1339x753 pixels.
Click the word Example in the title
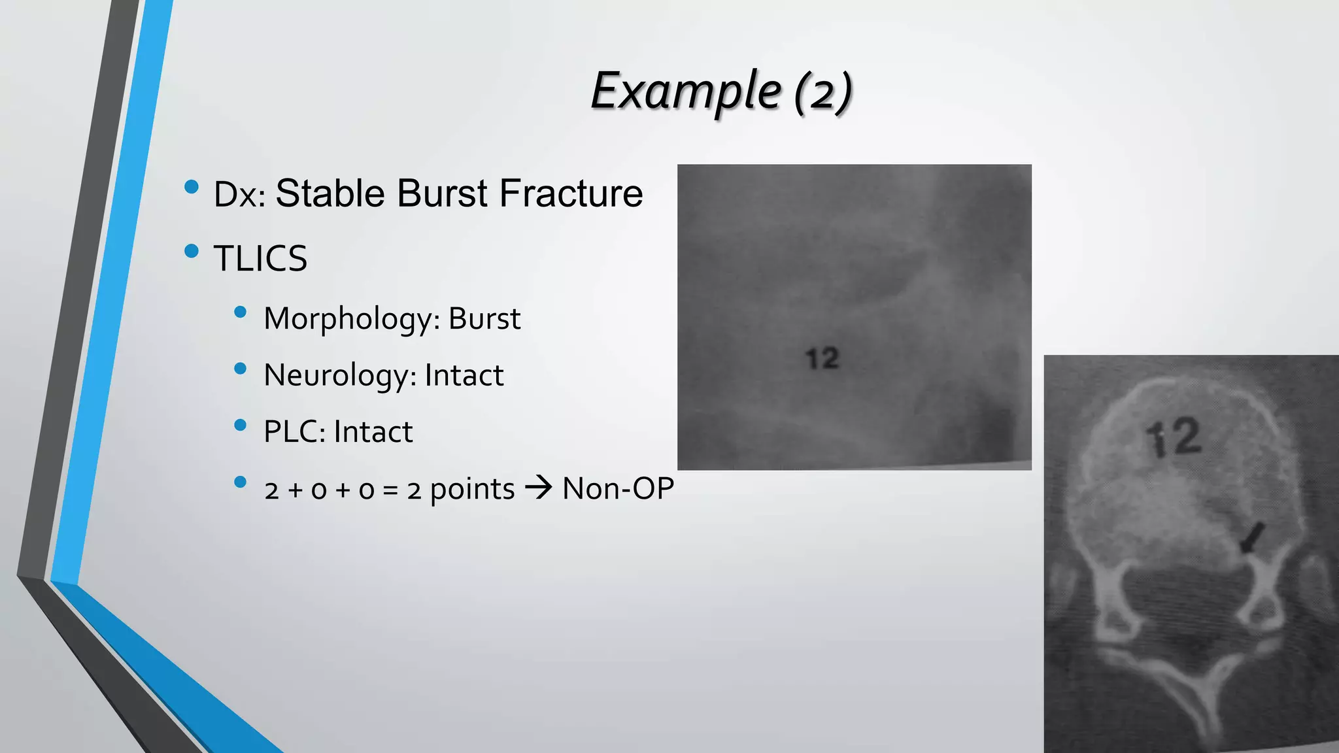tap(685, 92)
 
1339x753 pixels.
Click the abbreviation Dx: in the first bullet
tap(239, 195)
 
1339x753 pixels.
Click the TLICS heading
tap(260, 258)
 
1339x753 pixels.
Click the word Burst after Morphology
tap(484, 318)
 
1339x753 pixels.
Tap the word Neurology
tap(339, 376)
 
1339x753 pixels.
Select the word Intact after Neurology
tap(464, 375)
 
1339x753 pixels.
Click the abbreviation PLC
tap(294, 432)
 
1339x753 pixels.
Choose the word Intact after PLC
tap(373, 432)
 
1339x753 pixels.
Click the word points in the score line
tap(473, 489)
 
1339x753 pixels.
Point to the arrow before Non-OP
tap(539, 488)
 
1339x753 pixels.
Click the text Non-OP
tap(618, 488)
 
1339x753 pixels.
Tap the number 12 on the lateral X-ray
tap(822, 358)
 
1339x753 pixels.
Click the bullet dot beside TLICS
tap(192, 251)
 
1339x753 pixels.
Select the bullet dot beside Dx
tap(192, 187)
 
